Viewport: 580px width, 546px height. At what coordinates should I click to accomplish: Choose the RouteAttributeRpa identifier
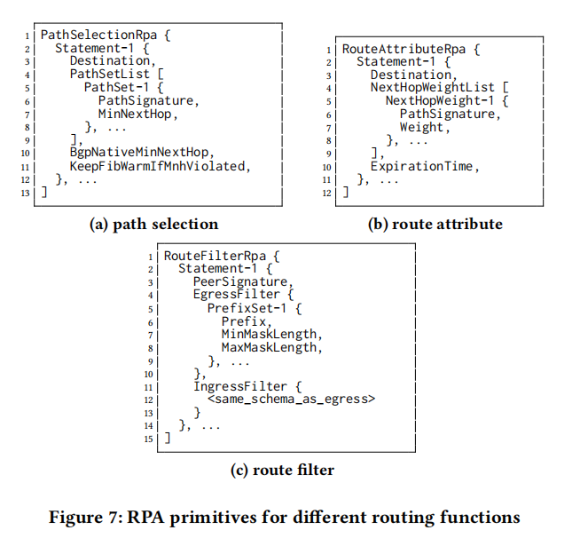pyautogui.click(x=391, y=48)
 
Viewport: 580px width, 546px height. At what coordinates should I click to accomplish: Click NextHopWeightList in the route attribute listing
pyautogui.click(x=428, y=88)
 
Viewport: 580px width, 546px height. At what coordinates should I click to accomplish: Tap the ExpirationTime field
pyautogui.click(x=421, y=166)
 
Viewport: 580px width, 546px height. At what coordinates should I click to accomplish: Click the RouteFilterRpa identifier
pyautogui.click(x=210, y=255)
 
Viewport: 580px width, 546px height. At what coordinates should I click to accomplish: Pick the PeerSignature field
pyautogui.click(x=239, y=281)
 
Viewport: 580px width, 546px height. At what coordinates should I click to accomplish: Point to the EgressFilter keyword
pyautogui.click(x=236, y=295)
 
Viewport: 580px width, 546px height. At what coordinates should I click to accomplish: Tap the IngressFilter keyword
pyautogui.click(x=239, y=386)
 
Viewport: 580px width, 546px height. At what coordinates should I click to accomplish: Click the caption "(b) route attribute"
pyautogui.click(x=435, y=224)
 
